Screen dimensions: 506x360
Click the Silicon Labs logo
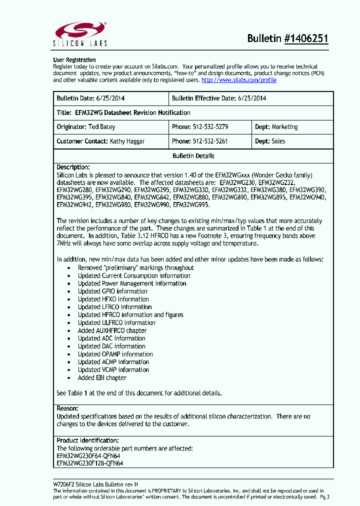(x=80, y=33)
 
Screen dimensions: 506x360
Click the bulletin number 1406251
(x=306, y=39)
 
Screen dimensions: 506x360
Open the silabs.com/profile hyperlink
(x=238, y=80)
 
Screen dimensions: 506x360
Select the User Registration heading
(x=74, y=60)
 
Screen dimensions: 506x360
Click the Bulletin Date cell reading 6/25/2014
(x=111, y=98)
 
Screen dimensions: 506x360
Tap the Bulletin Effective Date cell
(x=219, y=98)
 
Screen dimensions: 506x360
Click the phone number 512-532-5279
(x=210, y=127)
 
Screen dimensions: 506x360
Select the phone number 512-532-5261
(x=210, y=141)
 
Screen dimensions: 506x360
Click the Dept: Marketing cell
(x=276, y=127)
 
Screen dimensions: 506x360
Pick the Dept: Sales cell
(x=270, y=141)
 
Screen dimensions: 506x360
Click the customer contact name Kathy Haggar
(x=127, y=141)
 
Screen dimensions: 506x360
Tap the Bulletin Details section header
(x=193, y=156)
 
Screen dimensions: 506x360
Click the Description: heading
(x=73, y=167)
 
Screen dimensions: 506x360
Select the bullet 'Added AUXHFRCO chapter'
(x=112, y=330)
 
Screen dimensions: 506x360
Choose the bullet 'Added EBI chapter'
(x=102, y=377)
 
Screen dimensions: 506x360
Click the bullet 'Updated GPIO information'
(x=112, y=291)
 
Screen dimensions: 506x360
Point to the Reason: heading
(x=67, y=408)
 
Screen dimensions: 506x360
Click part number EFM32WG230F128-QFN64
(x=90, y=463)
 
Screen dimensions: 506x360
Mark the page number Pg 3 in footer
(x=324, y=497)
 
